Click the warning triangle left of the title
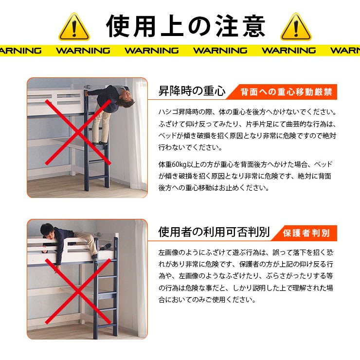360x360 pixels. pyautogui.click(x=74, y=27)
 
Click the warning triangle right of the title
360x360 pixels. pyautogui.click(x=296, y=27)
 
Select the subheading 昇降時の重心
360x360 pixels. pyautogui.click(x=192, y=91)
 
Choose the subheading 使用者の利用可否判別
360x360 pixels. pyautogui.click(x=214, y=232)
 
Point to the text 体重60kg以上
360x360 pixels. pyautogui.click(x=180, y=164)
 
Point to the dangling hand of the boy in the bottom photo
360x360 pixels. pyautogui.click(x=58, y=265)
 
